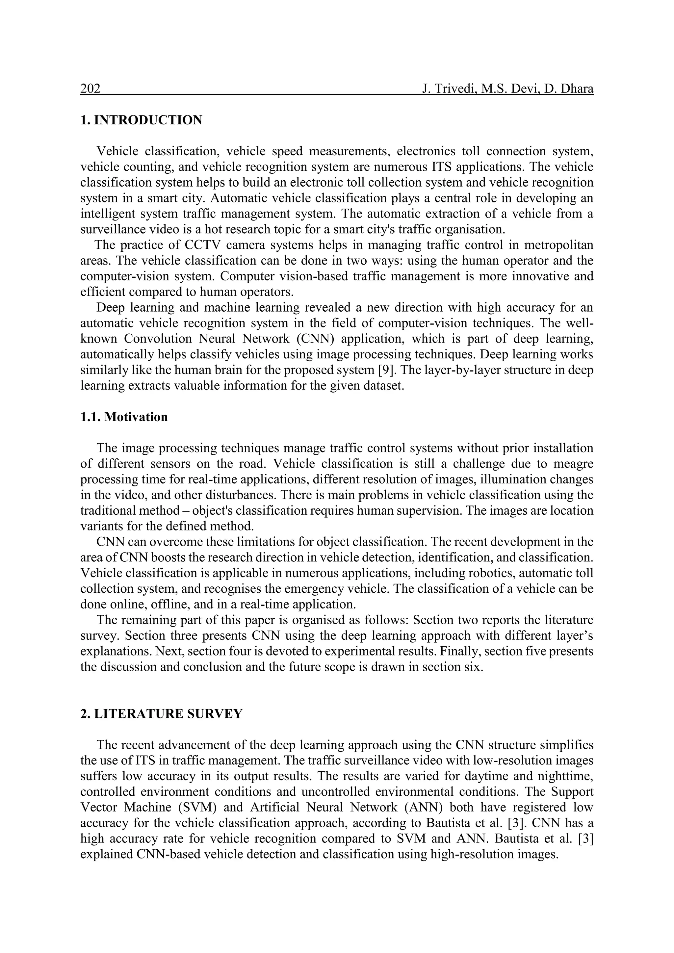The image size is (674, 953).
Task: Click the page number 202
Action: pos(91,89)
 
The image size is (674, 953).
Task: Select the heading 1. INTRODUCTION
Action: pos(141,120)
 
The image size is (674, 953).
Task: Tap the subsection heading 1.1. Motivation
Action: pos(124,417)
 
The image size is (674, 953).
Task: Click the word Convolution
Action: pos(158,339)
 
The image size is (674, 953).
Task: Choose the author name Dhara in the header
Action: pos(577,89)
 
